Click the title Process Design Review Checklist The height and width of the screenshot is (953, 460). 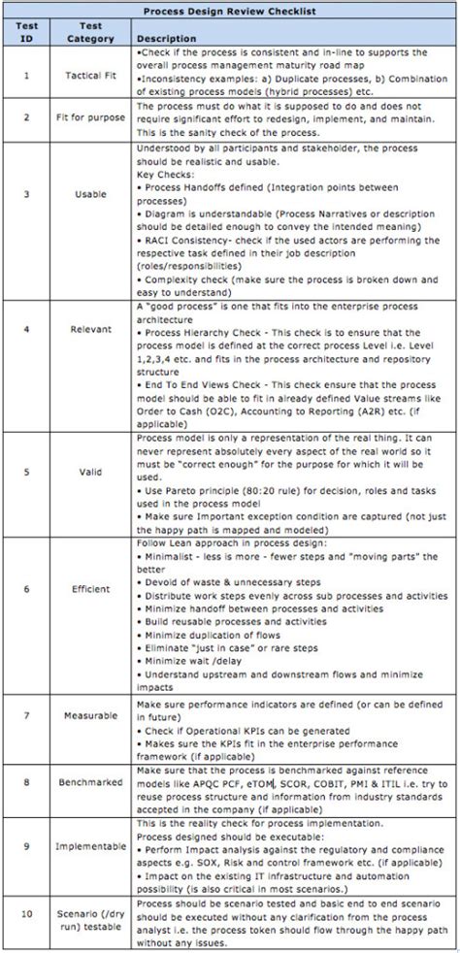tap(230, 11)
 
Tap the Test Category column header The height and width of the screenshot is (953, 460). tap(91, 31)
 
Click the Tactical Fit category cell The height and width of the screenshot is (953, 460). tap(91, 73)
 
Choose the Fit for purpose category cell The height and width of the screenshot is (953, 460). tap(91, 118)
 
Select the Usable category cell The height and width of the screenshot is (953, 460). tap(91, 194)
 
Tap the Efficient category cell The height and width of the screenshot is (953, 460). tap(91, 588)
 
